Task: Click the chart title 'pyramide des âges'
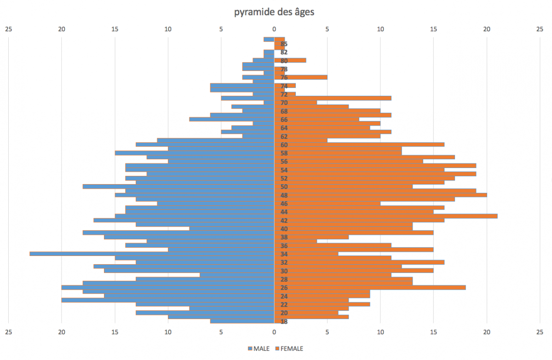(274, 12)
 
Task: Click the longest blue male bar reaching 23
(152, 254)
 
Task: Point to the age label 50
(284, 187)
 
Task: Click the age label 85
(284, 44)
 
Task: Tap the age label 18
(284, 321)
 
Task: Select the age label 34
(284, 254)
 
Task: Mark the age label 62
(284, 136)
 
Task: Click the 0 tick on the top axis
(274, 29)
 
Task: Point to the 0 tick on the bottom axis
(274, 331)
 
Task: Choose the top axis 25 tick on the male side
(8, 29)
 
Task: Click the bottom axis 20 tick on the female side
(487, 331)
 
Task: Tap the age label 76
(284, 77)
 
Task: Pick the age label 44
(284, 212)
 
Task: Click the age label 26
(284, 288)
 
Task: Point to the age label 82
(284, 52)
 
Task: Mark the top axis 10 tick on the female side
(380, 29)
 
